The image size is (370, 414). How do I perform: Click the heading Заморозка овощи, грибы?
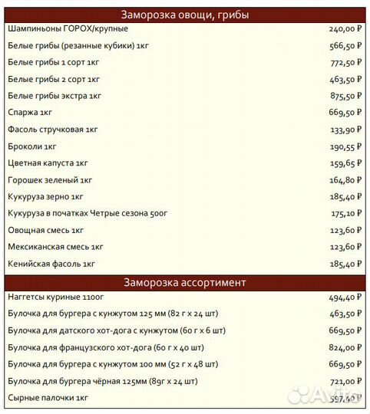point(184,15)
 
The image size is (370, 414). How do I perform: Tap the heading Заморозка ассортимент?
point(184,282)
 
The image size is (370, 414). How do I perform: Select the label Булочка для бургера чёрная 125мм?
point(103,381)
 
